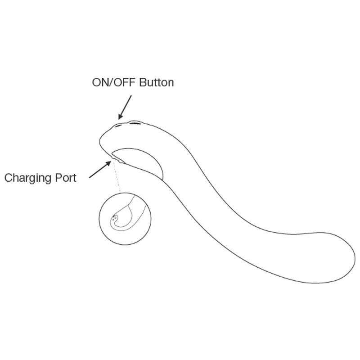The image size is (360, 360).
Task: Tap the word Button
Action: click(x=156, y=82)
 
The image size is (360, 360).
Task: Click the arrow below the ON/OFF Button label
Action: click(x=125, y=108)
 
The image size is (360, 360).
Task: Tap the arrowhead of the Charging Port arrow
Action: click(x=108, y=164)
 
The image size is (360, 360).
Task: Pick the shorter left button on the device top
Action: click(x=118, y=126)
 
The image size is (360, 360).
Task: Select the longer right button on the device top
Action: click(x=135, y=123)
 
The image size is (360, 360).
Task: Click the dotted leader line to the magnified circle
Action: click(x=116, y=177)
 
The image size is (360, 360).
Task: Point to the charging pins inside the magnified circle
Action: click(x=114, y=217)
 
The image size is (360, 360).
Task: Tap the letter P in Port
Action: click(x=58, y=178)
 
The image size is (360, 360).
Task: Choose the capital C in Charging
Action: click(x=9, y=178)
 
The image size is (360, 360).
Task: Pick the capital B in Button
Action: click(x=143, y=83)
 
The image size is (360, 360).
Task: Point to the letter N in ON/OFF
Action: click(x=104, y=83)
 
